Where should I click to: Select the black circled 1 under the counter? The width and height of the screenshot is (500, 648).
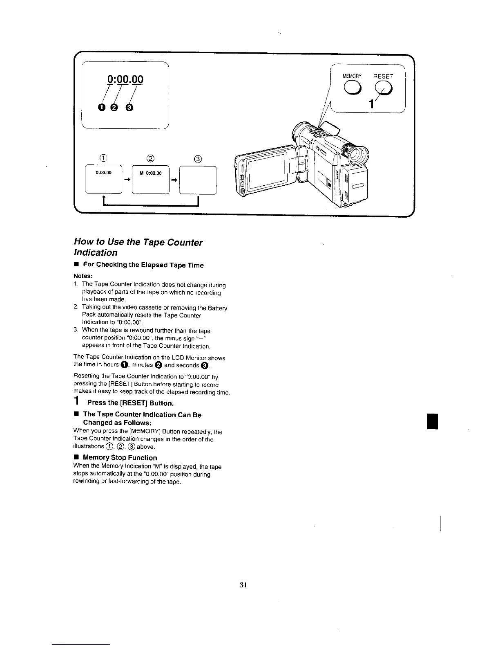(x=101, y=107)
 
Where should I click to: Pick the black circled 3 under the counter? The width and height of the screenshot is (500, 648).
(x=129, y=107)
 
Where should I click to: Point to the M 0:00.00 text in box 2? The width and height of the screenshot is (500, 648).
(x=151, y=173)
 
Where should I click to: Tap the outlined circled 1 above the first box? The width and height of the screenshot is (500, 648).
(x=104, y=159)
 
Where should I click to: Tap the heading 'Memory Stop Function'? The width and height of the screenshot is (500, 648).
(x=120, y=458)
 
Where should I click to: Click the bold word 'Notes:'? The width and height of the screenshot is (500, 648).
(x=83, y=276)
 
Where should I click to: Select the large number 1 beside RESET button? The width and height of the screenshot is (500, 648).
(x=371, y=104)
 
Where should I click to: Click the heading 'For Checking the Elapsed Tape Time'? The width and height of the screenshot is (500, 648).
(x=143, y=265)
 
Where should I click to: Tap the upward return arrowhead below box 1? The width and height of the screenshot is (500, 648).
(x=104, y=200)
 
